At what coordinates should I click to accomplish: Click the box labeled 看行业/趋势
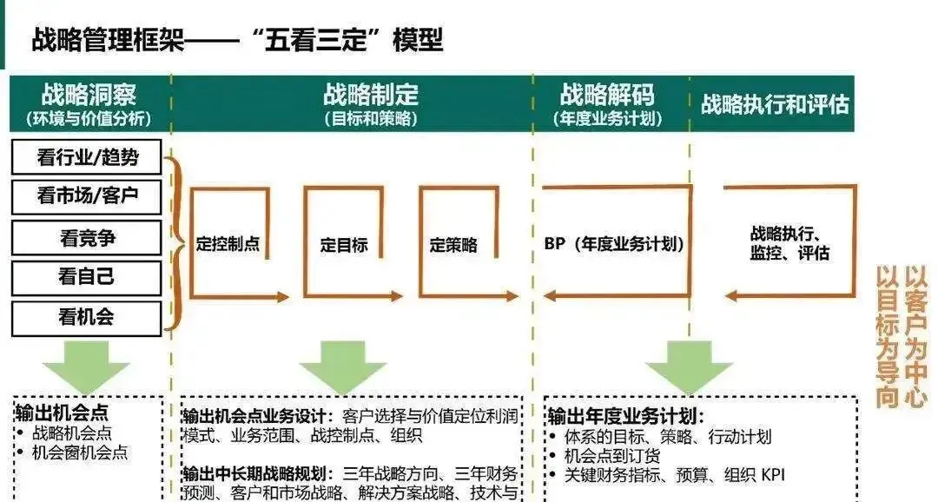(87, 157)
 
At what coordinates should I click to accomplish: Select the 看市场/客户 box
(87, 197)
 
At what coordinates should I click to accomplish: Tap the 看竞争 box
(87, 237)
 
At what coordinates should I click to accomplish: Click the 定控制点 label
(228, 245)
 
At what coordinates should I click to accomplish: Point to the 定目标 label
(344, 245)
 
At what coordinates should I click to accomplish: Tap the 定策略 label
(453, 245)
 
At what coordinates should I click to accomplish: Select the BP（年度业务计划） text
(614, 245)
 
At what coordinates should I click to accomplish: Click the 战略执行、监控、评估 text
(789, 243)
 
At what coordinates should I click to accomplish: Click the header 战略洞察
(89, 95)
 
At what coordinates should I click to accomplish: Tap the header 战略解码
(607, 95)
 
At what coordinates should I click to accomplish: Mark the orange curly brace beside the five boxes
(175, 244)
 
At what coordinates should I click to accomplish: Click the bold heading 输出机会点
(62, 412)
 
